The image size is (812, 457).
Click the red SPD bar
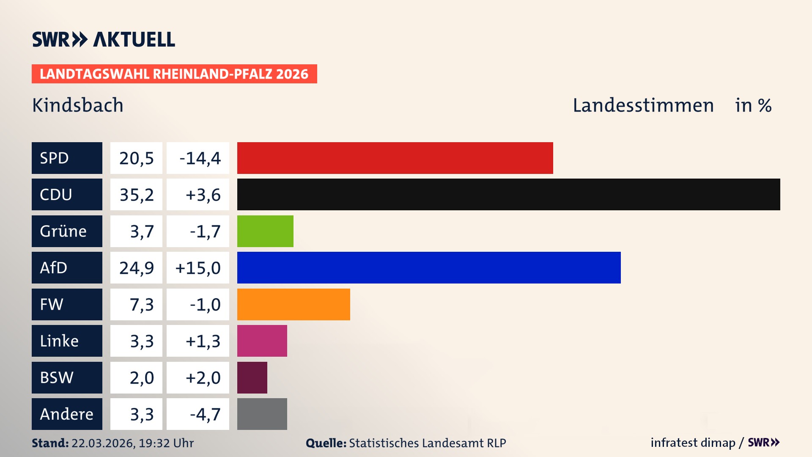point(395,158)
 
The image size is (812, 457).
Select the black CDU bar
point(508,195)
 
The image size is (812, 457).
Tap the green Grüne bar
point(265,231)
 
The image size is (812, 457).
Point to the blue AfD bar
point(429,267)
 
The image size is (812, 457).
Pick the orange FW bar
point(294,304)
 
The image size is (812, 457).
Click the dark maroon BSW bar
point(252,377)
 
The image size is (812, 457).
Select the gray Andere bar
point(262,414)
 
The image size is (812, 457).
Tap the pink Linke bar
point(262,341)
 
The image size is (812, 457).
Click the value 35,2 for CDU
point(137,195)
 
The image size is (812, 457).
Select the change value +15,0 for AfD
point(198,268)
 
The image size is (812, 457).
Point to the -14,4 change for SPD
point(200,158)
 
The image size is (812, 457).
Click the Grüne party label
point(63,231)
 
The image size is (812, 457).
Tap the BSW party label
point(57,377)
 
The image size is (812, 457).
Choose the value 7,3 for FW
point(142,305)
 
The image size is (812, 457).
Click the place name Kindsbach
point(78,105)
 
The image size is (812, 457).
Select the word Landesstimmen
point(643,105)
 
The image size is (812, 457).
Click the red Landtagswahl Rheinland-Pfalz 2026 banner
point(174,74)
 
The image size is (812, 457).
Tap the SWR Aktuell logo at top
point(104,39)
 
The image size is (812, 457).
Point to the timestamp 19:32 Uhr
point(166,443)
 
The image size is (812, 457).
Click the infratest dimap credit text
point(693,443)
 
